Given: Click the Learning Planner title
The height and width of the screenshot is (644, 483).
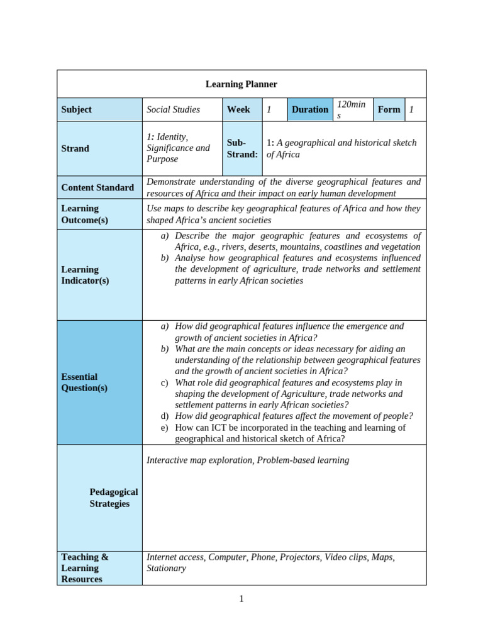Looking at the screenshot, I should point(241,84).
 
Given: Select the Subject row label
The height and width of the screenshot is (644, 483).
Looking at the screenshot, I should point(76,109).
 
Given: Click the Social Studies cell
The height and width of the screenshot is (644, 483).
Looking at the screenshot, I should point(173,109).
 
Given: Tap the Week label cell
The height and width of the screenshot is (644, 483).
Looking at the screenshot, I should point(238,109).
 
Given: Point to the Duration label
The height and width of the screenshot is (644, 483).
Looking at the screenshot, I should point(309,109).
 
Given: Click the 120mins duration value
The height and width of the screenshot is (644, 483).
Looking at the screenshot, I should point(351,109).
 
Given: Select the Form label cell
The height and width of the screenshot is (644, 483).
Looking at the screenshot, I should point(389,109).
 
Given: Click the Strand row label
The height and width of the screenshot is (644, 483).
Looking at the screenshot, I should point(75,148).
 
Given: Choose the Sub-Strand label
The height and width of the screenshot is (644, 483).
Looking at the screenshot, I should point(242,148).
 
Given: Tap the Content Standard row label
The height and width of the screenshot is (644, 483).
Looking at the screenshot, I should point(97,187).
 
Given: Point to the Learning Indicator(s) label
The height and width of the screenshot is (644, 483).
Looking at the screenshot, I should point(84,275).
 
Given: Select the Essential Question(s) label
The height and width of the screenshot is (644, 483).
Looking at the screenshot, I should point(84,382).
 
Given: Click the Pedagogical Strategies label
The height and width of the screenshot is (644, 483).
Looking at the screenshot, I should point(113,497).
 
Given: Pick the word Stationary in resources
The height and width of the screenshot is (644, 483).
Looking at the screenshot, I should point(166,569).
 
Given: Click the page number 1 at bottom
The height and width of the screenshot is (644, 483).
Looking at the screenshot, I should point(241,599).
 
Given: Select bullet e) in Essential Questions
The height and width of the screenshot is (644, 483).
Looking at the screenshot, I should point(165,428).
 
